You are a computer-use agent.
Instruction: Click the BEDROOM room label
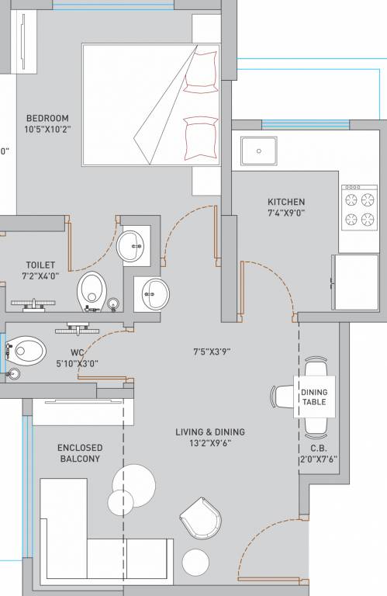pyautogui.click(x=47, y=119)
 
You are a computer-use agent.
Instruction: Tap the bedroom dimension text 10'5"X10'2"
pyautogui.click(x=47, y=130)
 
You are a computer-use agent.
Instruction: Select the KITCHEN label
pyautogui.click(x=286, y=202)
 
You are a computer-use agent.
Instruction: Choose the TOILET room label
pyautogui.click(x=40, y=265)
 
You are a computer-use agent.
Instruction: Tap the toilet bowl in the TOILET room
pyautogui.click(x=91, y=291)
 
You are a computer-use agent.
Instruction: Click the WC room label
pyautogui.click(x=78, y=352)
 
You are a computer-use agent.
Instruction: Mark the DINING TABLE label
pyautogui.click(x=314, y=397)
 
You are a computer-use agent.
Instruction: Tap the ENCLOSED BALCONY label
pyautogui.click(x=80, y=453)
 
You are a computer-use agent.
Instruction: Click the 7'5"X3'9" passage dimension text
pyautogui.click(x=212, y=352)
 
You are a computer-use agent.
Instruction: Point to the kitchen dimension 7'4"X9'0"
pyautogui.click(x=286, y=213)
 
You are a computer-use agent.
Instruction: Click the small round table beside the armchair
pyautogui.click(x=194, y=562)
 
